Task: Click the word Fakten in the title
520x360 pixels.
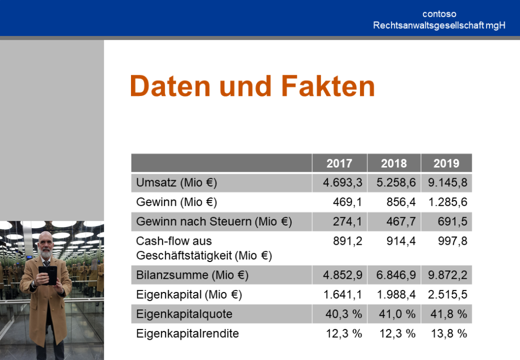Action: coord(328,86)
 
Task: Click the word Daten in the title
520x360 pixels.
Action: coord(171,86)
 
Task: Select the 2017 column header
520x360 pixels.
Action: coord(339,163)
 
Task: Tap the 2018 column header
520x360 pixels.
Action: coord(394,163)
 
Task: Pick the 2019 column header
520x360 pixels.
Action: coord(446,163)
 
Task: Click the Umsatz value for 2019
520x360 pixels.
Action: coord(447,182)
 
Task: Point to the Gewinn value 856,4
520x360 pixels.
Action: coord(401,202)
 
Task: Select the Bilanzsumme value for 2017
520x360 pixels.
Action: coord(343,275)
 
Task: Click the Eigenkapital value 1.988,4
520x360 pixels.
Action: coord(396,294)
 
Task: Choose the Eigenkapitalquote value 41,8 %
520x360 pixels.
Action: coord(449,314)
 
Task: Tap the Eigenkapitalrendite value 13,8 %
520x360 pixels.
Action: coord(449,333)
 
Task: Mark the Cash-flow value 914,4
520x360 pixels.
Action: coord(401,241)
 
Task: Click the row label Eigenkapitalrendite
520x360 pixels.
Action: coord(187,333)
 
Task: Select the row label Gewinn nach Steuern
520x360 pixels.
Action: coord(194,221)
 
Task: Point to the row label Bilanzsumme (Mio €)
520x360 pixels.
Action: coord(192,275)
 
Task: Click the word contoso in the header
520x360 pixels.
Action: coord(439,14)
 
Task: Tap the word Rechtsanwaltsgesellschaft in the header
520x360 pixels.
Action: coord(428,25)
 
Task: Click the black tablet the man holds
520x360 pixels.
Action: coord(48,275)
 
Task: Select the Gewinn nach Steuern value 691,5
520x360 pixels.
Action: coord(452,221)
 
